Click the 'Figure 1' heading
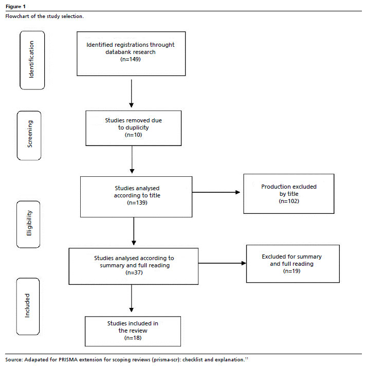(x=15, y=7)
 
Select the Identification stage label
(x=31, y=60)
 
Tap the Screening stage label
(x=30, y=134)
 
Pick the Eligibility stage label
(x=29, y=223)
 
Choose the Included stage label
(x=27, y=305)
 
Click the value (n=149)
(x=131, y=59)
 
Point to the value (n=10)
(x=133, y=135)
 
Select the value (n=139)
(x=137, y=203)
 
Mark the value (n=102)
(x=289, y=201)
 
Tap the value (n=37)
(x=134, y=272)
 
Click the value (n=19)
(x=291, y=271)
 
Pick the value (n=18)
(x=133, y=338)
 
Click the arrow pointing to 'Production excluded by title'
(x=216, y=192)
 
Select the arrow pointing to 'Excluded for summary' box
(x=222, y=263)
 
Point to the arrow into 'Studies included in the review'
(x=132, y=298)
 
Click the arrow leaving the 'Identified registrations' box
(x=132, y=94)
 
